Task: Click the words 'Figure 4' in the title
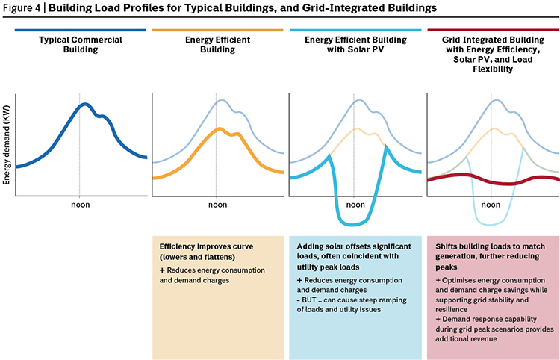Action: coord(21,8)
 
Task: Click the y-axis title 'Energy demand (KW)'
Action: coord(7,145)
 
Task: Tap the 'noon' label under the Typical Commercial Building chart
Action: coord(81,205)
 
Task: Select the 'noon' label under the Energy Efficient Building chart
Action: coord(217,205)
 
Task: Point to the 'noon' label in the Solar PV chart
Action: coord(355,205)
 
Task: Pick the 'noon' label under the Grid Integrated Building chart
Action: coord(491,205)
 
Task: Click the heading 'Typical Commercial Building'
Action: coord(81,45)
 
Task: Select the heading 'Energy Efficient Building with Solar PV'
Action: coord(355,45)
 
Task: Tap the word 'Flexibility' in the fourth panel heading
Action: coord(493,69)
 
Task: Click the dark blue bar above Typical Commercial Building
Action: coord(81,31)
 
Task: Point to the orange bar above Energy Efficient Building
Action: coord(217,31)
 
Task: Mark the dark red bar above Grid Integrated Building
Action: coord(494,31)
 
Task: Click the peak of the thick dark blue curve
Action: coord(84,105)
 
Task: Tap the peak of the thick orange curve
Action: coord(220,129)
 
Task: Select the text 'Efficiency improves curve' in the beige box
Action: coord(206,246)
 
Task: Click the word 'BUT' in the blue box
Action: coord(309,300)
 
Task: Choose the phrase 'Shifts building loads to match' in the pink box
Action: coord(491,246)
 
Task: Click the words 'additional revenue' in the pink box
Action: coord(466,338)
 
